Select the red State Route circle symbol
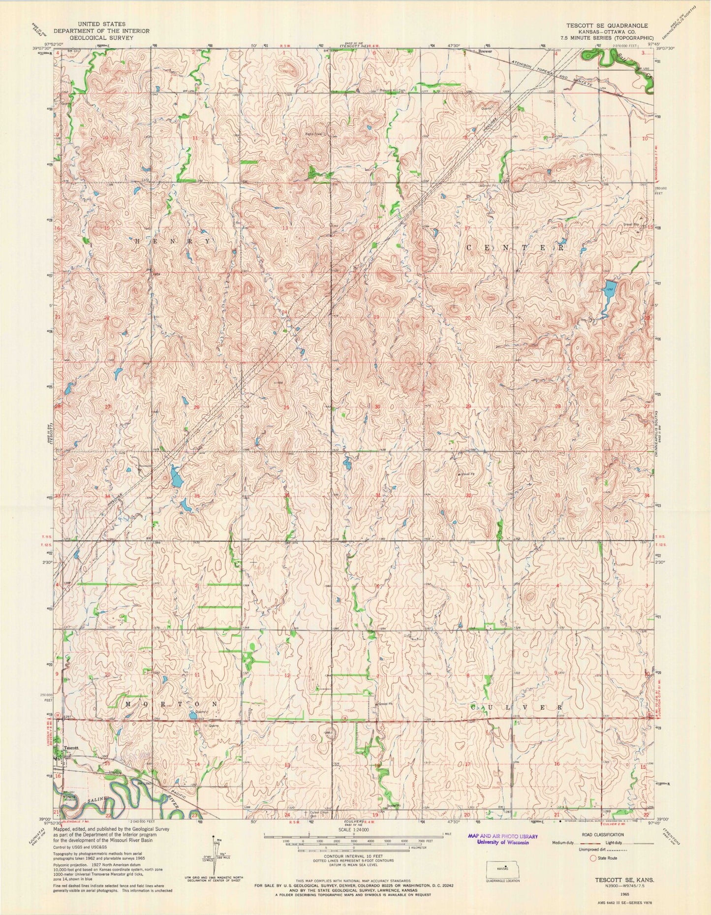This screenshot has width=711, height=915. pyautogui.click(x=592, y=858)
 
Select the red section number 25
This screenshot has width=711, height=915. pyautogui.click(x=286, y=407)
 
